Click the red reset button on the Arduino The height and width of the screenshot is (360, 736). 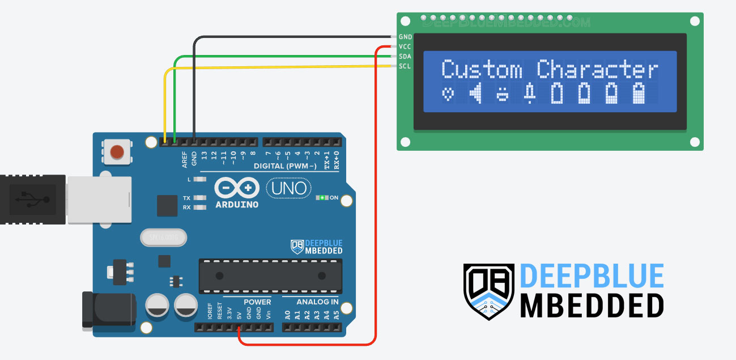[x=117, y=152]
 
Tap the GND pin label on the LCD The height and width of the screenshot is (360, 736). [x=405, y=37]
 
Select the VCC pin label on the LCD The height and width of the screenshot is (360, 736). [x=405, y=46]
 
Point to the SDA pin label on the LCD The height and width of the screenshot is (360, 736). [x=405, y=57]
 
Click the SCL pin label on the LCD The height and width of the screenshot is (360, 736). [x=405, y=66]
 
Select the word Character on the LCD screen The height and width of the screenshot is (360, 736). [x=598, y=70]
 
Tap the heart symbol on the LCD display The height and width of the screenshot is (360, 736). [x=448, y=94]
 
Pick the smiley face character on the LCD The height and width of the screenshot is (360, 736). [x=503, y=94]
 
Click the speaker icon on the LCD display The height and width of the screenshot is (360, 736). [x=476, y=94]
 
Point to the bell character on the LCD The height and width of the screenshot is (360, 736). [x=530, y=94]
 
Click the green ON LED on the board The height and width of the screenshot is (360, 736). [x=322, y=198]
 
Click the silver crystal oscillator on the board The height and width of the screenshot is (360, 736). [x=163, y=238]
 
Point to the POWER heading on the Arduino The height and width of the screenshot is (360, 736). [x=257, y=302]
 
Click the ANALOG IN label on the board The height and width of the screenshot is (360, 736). [x=310, y=302]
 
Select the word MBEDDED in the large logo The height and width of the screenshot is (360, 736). [x=592, y=306]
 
